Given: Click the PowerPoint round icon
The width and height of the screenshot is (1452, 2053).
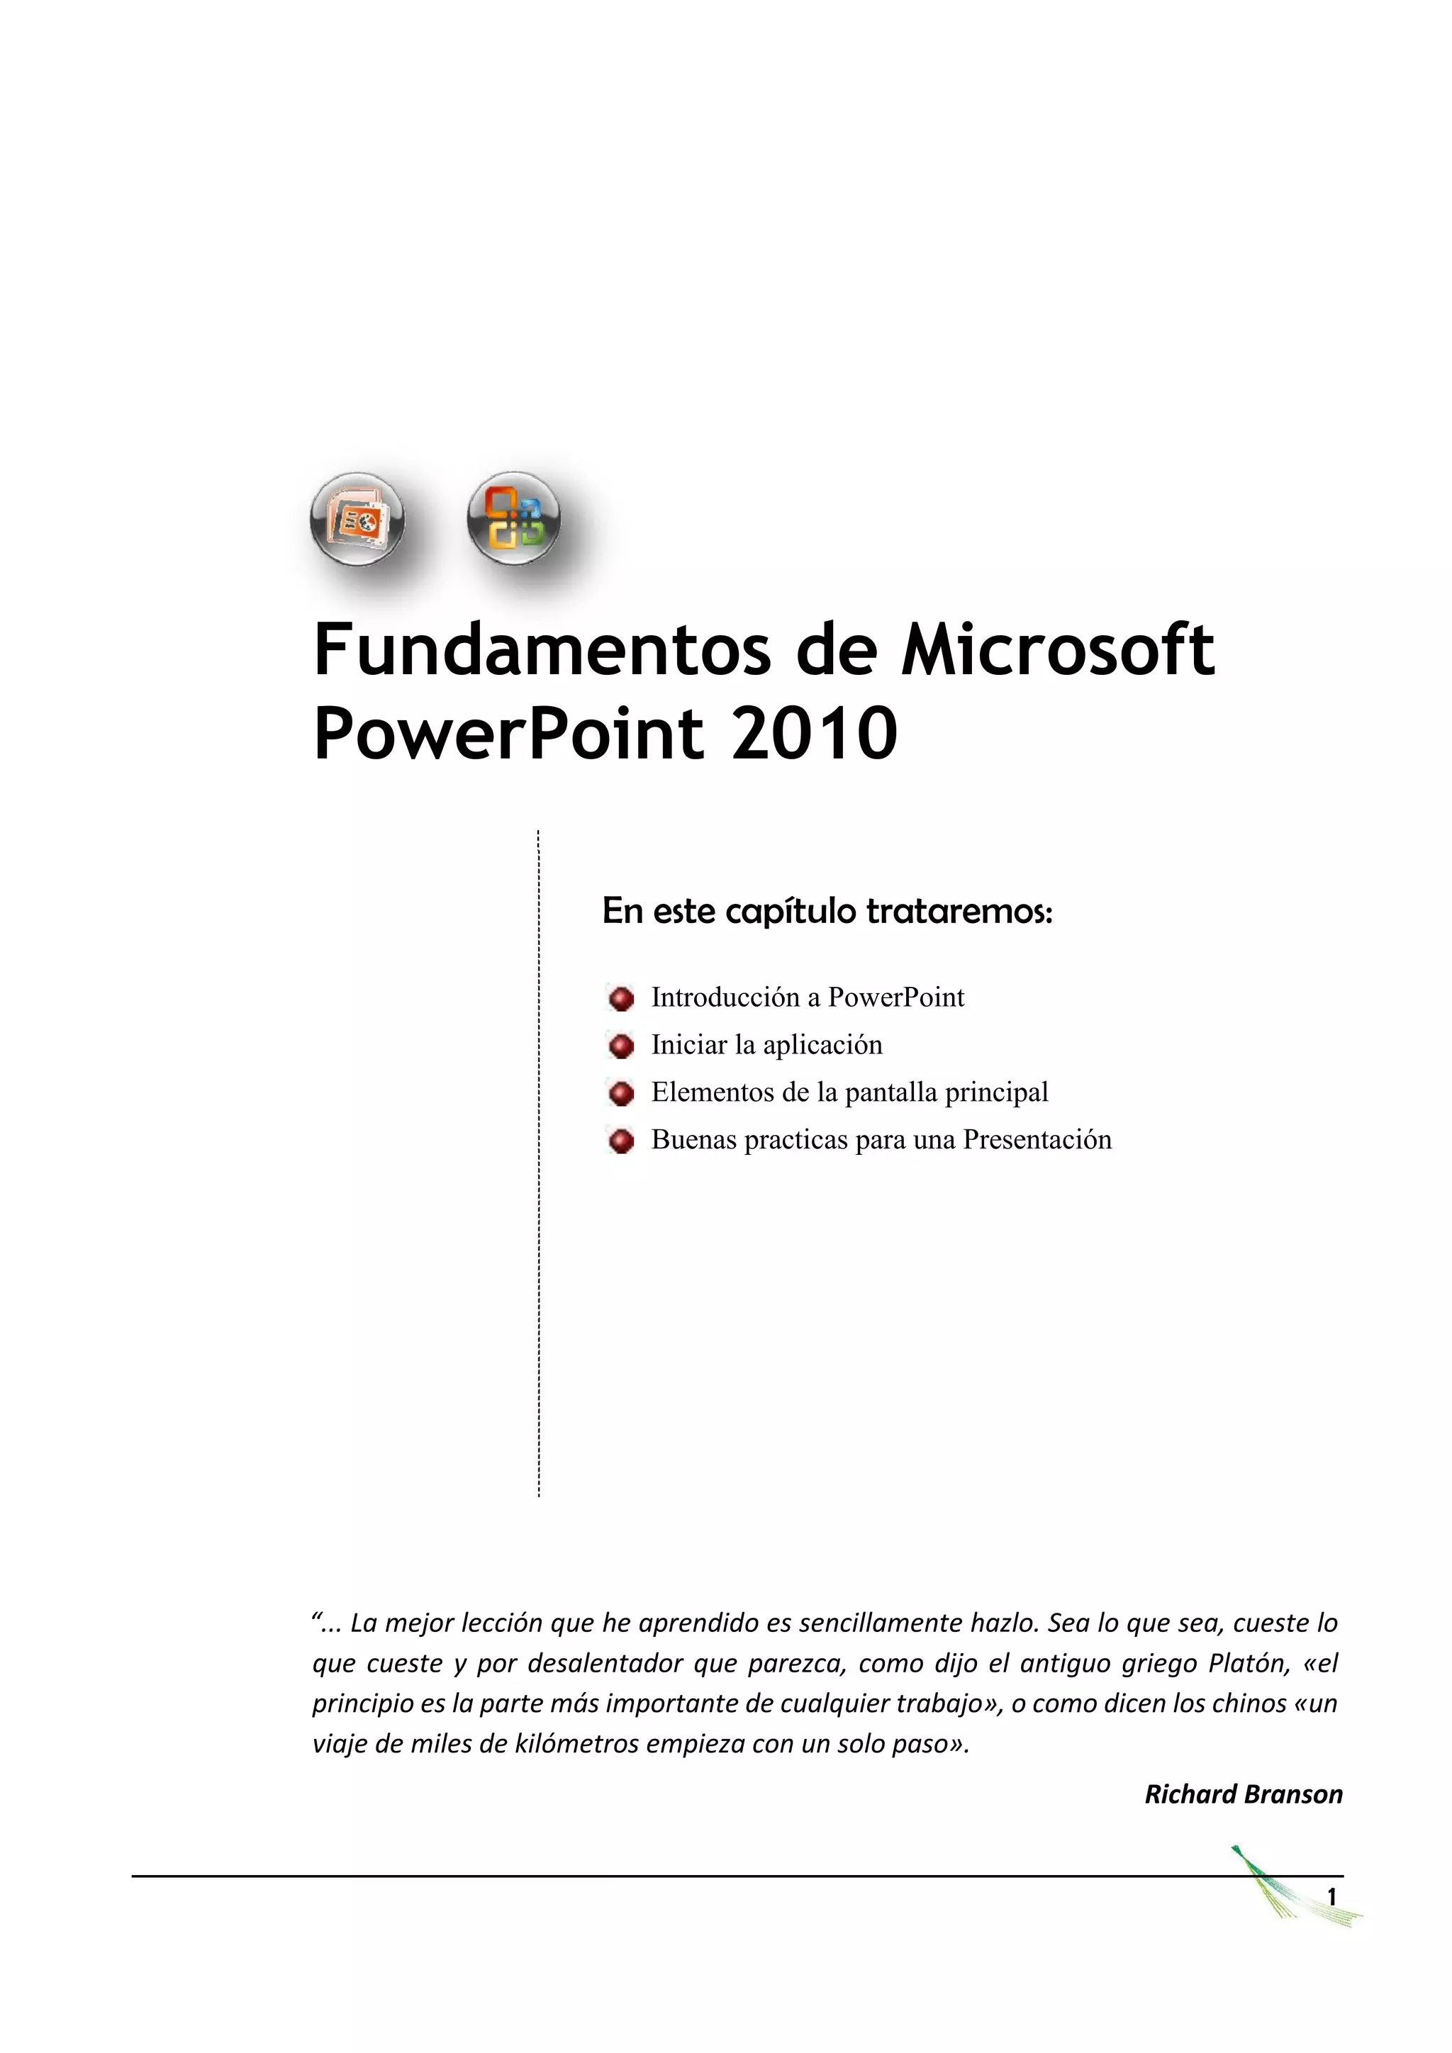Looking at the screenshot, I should (x=357, y=520).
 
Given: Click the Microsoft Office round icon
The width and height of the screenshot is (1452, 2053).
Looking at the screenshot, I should (x=514, y=519).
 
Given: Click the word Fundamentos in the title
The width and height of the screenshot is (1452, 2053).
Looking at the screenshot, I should (x=540, y=651).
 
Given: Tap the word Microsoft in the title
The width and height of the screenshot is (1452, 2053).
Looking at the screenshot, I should (x=1057, y=651).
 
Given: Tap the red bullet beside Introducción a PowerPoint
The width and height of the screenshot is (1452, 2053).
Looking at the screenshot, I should (x=620, y=998).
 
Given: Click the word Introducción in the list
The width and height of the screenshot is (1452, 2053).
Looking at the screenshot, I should (x=724, y=997).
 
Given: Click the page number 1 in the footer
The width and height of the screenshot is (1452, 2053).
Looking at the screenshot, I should (x=1331, y=1896).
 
